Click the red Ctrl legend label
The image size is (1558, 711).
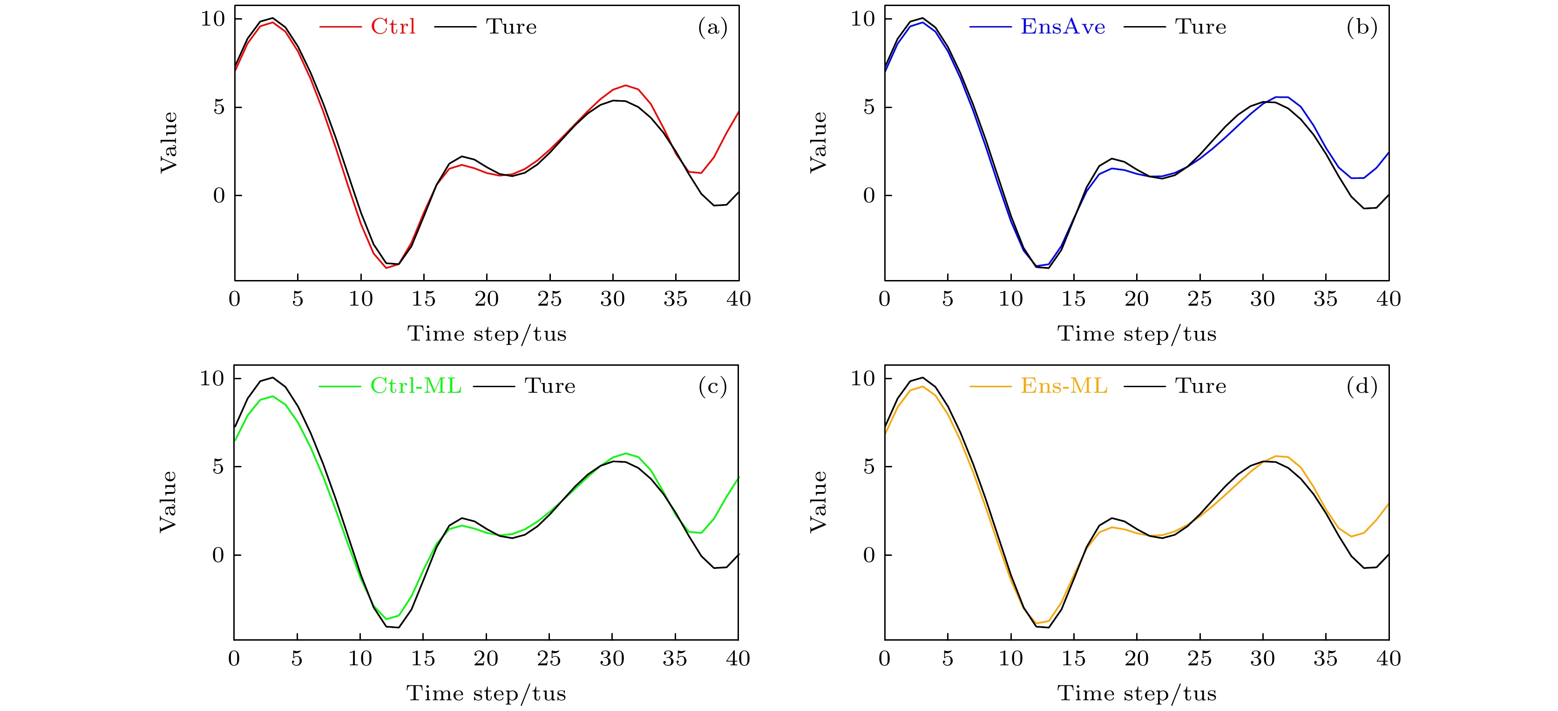pyautogui.click(x=393, y=27)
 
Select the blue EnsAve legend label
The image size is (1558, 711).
pyautogui.click(x=1063, y=27)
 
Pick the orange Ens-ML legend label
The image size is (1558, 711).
pyautogui.click(x=1064, y=386)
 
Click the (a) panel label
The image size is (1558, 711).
pyautogui.click(x=712, y=27)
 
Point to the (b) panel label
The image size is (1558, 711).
pyautogui.click(x=1362, y=27)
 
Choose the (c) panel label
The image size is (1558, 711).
pyautogui.click(x=712, y=386)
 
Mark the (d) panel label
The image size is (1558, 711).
pyautogui.click(x=1362, y=386)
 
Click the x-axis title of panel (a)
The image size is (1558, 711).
pyautogui.click(x=487, y=334)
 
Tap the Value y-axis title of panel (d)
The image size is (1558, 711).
pyautogui.click(x=818, y=502)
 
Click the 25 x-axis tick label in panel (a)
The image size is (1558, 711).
pyautogui.click(x=549, y=299)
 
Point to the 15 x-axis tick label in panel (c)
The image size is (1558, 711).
pyautogui.click(x=423, y=658)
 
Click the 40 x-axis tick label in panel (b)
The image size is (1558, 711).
pyautogui.click(x=1388, y=299)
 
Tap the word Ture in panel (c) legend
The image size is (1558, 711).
pyautogui.click(x=550, y=386)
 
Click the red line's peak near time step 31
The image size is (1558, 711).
pyautogui.click(x=625, y=85)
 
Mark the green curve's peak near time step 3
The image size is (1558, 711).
pyautogui.click(x=273, y=397)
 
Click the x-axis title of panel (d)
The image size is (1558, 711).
pyautogui.click(x=1137, y=693)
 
